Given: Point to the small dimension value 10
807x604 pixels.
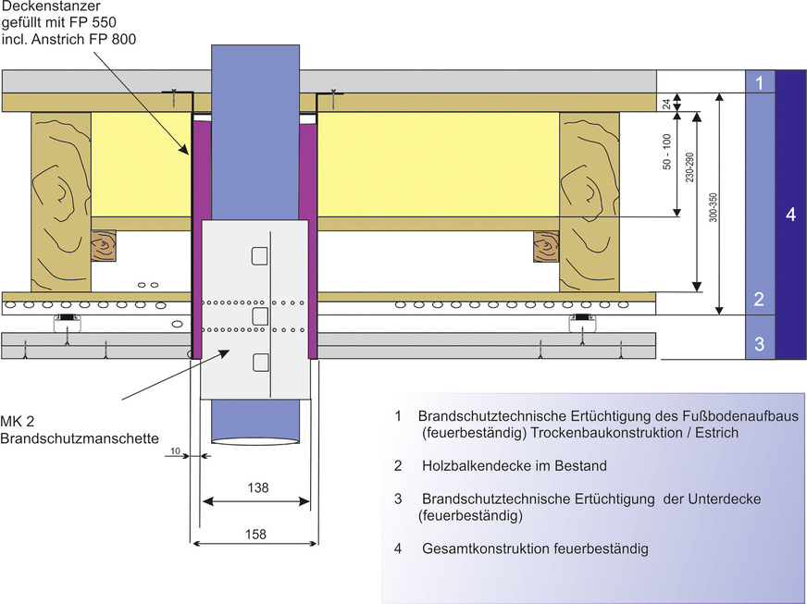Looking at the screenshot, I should coord(176,450).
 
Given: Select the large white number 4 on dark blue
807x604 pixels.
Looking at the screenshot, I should coord(789,215).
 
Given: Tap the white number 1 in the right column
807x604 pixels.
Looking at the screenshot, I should coord(759,83).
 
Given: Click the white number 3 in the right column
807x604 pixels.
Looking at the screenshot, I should coord(759,345).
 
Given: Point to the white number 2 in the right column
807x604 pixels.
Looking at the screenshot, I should coord(759,299).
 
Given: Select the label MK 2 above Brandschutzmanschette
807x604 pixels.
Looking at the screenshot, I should coord(18,421).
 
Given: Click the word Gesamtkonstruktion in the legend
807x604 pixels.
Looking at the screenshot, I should coord(486,549).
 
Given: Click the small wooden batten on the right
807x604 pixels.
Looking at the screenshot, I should coord(545,246).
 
